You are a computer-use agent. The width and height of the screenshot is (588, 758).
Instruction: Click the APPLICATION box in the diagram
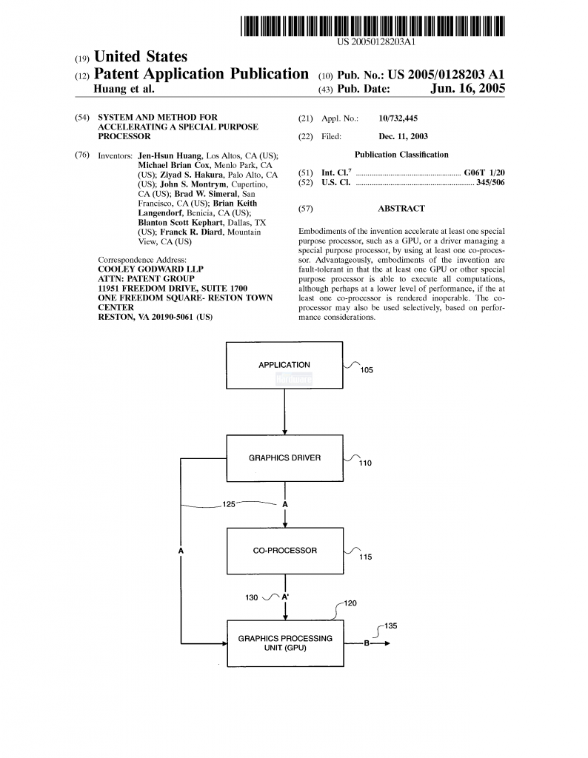point(284,365)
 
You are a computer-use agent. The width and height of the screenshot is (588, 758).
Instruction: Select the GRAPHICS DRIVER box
point(285,457)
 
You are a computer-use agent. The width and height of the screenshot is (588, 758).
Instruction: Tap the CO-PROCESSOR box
point(285,551)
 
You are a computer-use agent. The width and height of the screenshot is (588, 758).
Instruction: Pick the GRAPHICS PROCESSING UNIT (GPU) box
point(285,643)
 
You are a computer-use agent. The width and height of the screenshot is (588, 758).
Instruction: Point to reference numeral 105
point(367,370)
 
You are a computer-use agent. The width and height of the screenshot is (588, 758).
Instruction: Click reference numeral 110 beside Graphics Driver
point(365,463)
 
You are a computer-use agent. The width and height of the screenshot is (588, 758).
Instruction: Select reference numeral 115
point(366,557)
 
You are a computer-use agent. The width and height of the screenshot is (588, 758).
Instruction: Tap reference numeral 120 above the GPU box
point(350,603)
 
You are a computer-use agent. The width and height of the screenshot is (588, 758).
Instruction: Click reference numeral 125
point(229,504)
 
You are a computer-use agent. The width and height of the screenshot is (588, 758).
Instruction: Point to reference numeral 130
point(252,597)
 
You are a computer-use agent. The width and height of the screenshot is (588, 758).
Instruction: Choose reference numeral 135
point(391,626)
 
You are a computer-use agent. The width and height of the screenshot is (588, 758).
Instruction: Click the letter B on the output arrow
point(367,643)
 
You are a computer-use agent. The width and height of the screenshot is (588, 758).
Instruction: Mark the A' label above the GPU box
point(285,597)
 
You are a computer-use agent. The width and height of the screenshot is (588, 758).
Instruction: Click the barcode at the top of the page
point(372,26)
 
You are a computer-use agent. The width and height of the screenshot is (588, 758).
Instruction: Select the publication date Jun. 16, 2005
point(467,89)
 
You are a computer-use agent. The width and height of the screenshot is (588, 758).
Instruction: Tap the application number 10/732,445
point(398,118)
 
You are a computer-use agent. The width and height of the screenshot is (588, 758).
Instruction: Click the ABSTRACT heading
point(401,208)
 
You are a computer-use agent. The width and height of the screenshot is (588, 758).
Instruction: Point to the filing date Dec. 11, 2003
point(404,136)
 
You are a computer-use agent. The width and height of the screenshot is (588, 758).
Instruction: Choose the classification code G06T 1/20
point(484,172)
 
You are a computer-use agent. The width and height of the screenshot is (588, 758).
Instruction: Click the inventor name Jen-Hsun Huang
point(170,155)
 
